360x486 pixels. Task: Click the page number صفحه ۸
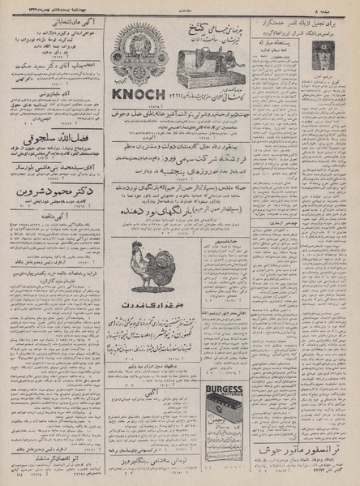point(339,8)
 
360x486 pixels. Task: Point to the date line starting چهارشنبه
point(49,8)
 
